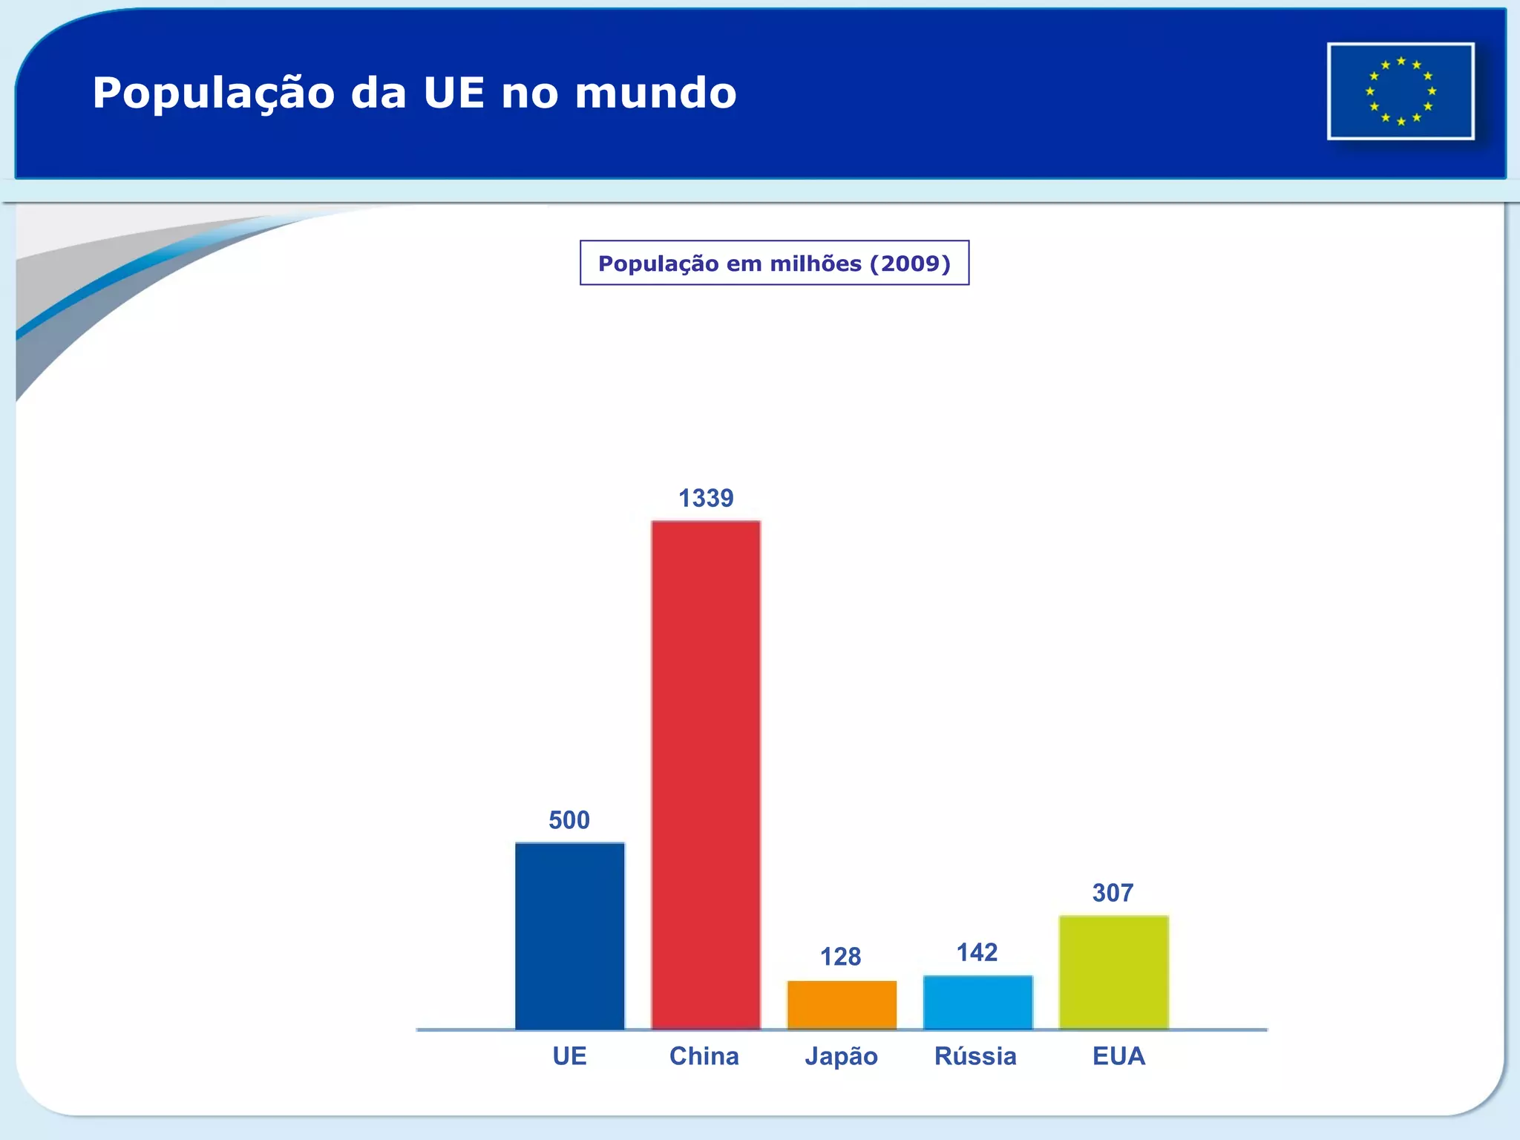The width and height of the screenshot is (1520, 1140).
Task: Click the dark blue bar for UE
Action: pos(570,936)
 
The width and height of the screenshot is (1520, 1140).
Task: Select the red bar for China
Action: pos(706,775)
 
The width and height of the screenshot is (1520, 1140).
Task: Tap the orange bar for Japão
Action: pos(842,1005)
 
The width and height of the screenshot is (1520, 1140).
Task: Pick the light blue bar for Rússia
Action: pos(977,1002)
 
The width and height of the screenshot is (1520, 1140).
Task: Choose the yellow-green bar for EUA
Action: pos(1113,972)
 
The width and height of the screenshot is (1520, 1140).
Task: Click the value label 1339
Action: pos(706,498)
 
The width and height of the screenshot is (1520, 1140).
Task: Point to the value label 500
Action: pos(569,820)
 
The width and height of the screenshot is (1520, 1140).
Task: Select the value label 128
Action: pos(840,957)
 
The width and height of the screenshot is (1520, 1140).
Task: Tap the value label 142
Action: pos(977,952)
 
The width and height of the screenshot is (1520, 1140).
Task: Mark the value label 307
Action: pos(1113,893)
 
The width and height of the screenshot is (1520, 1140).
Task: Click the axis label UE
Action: pos(569,1056)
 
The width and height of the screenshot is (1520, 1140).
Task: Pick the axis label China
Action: pos(704,1056)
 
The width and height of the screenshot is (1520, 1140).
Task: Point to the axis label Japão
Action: pos(841,1056)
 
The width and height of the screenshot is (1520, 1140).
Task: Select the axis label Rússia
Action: pos(975,1056)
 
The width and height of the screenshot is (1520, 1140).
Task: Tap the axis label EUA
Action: pos(1118,1056)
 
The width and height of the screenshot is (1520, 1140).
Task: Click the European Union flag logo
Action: pos(1401,91)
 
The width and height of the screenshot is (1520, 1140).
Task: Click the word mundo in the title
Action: pos(655,94)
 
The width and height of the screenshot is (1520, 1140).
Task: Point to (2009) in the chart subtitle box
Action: pos(910,263)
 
